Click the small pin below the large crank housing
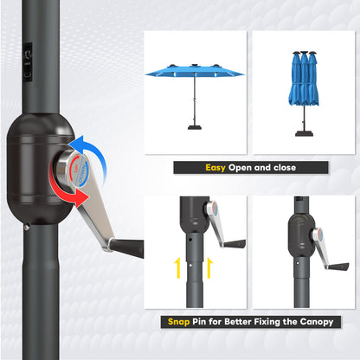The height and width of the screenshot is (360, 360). (26, 228)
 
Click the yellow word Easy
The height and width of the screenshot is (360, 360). (216, 168)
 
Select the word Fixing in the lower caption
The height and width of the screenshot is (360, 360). (268, 322)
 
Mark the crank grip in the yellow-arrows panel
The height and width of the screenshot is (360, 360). (234, 244)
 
